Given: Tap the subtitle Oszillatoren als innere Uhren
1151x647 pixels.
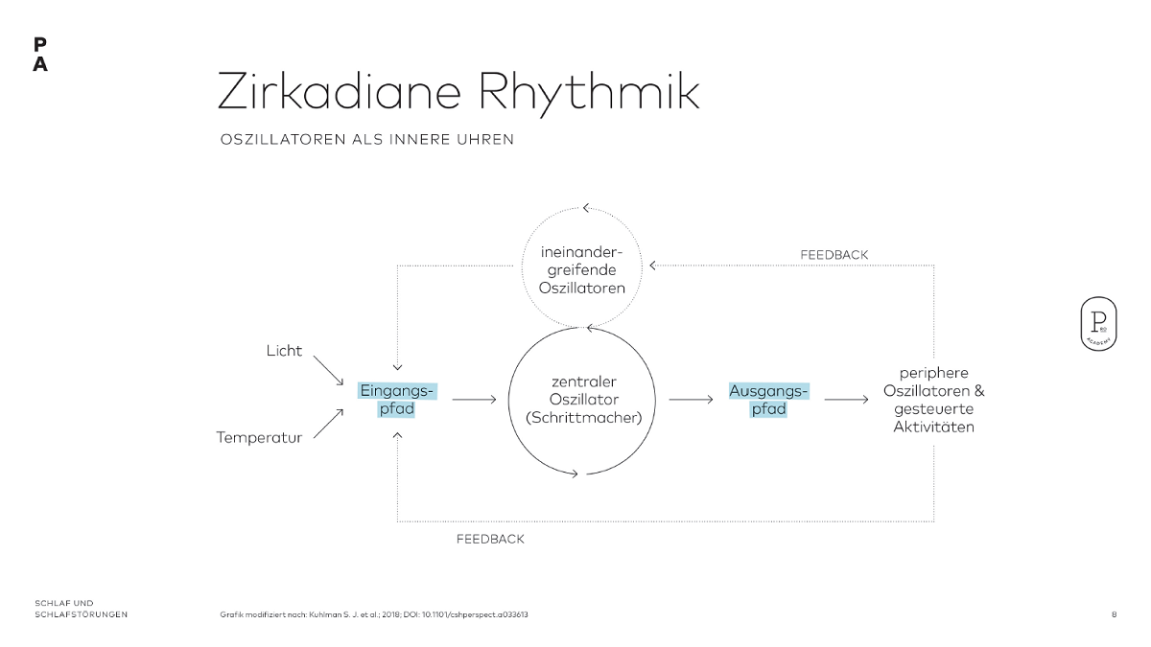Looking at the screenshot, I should (367, 140).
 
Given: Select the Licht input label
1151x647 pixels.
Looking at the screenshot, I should (284, 351).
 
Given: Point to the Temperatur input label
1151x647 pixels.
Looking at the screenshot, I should (259, 437).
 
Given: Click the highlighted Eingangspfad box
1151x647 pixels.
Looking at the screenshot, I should (397, 400).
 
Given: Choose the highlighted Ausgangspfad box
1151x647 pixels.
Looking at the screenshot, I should (768, 400).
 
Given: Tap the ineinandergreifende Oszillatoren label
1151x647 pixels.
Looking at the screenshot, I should (582, 269).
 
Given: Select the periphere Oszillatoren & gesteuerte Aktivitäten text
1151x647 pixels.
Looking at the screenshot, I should (933, 400).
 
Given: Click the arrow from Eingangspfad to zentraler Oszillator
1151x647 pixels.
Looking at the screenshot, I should (474, 400).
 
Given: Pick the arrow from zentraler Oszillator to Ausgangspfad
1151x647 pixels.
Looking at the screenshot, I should (691, 400).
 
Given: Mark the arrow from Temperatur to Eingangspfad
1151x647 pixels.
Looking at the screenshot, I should (328, 423).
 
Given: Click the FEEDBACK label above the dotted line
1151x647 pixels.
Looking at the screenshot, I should (834, 255).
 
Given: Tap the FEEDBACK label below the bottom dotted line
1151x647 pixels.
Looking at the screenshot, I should (490, 540).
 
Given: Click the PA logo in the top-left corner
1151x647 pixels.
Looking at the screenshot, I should (39, 55).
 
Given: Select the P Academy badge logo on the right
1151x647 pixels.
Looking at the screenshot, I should (1096, 323).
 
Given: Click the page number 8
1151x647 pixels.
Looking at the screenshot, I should (1114, 614).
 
